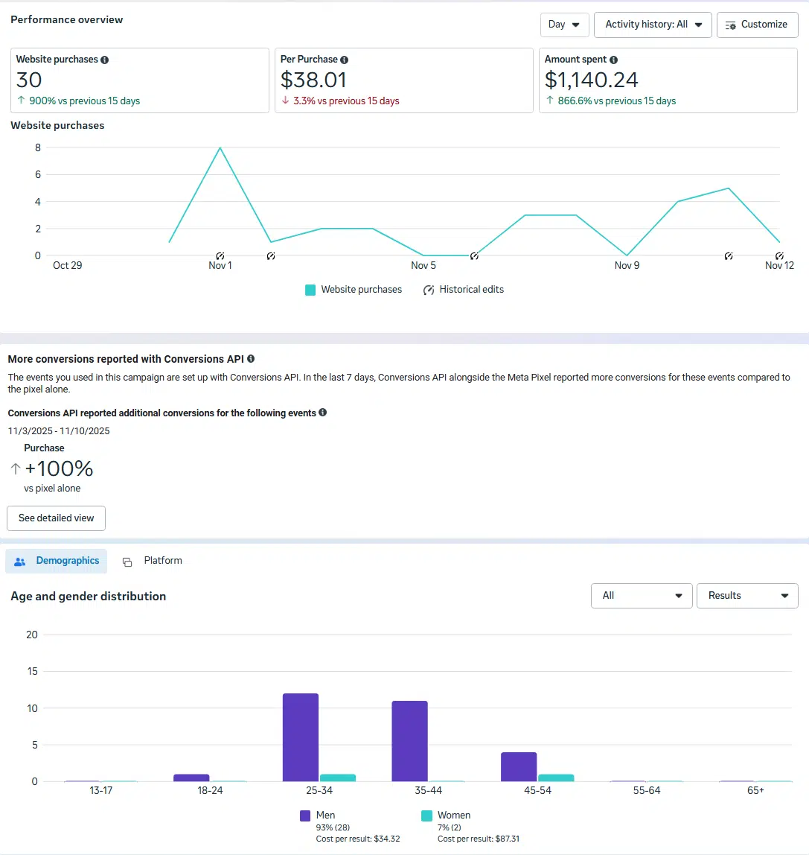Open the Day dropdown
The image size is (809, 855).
(564, 25)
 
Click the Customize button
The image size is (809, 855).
(757, 25)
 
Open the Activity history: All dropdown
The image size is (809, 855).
(653, 25)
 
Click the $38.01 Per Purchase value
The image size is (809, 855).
(313, 80)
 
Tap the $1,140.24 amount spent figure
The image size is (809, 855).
(591, 80)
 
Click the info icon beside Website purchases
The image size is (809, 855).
(104, 60)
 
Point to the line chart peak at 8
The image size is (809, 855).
(220, 148)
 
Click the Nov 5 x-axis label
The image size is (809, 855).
(423, 265)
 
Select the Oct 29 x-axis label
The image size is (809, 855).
(67, 265)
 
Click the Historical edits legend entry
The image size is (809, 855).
(463, 290)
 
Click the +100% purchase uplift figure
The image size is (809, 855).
(59, 468)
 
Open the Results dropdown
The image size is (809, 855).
(747, 596)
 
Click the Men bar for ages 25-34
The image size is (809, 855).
(301, 737)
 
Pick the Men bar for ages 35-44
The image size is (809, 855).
(410, 741)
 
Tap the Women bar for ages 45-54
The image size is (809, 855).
(556, 778)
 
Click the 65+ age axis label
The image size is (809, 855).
(755, 790)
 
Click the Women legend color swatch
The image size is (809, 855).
(426, 816)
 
